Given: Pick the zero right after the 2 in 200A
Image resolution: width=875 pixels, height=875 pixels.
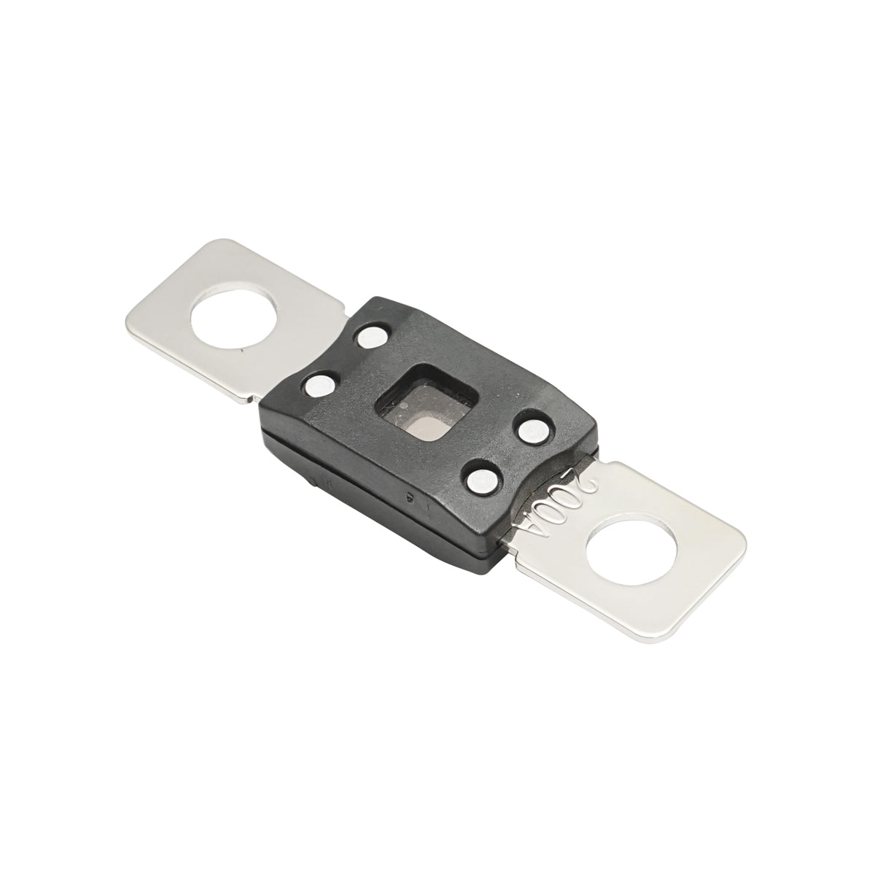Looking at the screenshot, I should pyautogui.click(x=574, y=497).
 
